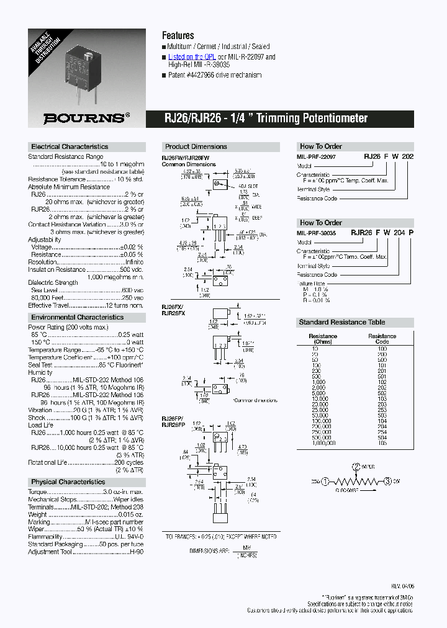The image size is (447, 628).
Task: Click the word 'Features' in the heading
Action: pos(178,35)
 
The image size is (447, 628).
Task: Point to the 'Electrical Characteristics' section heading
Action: pos(70,147)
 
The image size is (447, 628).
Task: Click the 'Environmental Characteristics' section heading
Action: pos(77,317)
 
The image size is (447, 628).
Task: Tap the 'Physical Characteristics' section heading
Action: pos(68,482)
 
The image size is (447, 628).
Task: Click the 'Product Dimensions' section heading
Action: pos(196,147)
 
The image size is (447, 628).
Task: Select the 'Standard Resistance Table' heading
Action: pos(342,322)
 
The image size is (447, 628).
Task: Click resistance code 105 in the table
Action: pos(382,444)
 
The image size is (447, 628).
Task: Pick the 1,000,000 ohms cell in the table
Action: pos(323,444)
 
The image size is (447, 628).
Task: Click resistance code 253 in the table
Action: pos(382,410)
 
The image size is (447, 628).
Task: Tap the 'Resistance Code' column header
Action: pos(382,339)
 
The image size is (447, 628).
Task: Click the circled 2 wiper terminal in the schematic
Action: pos(356,467)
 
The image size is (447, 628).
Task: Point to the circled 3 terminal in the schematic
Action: pos(387,481)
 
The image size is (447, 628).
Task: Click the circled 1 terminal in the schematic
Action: pos(325,481)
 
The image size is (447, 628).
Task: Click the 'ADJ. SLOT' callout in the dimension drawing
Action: pos(243,185)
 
